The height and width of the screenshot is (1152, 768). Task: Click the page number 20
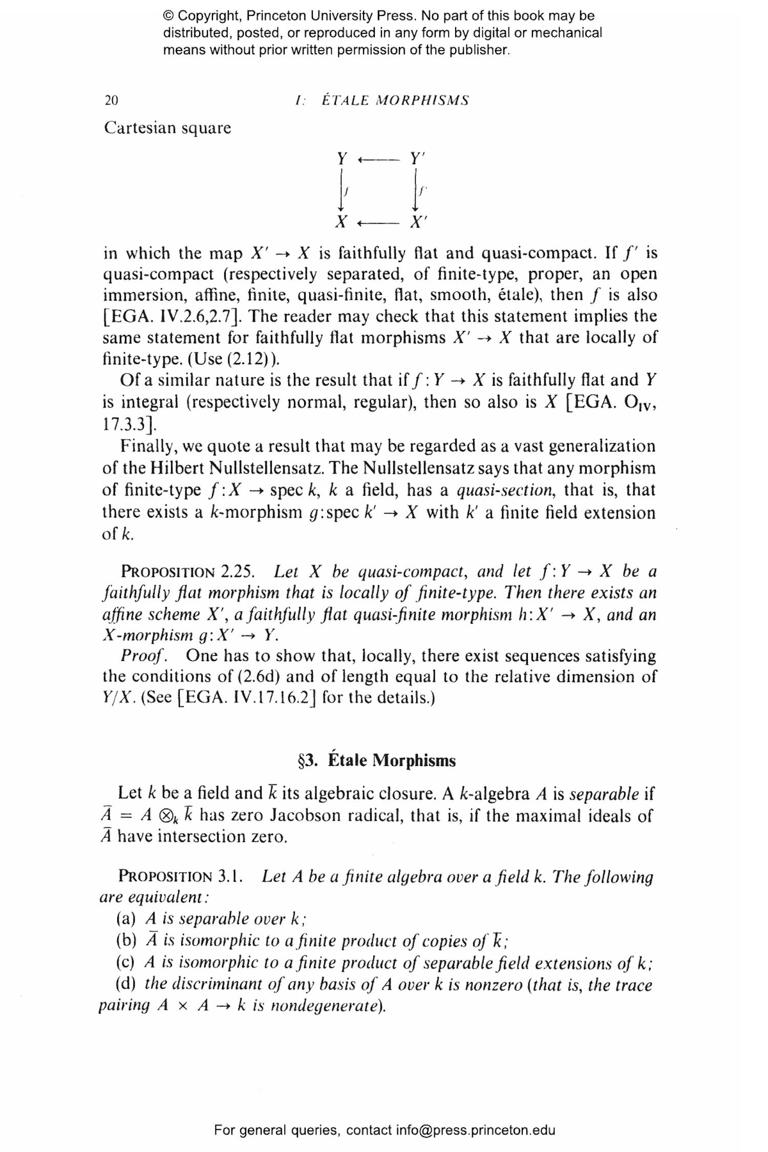coord(111,100)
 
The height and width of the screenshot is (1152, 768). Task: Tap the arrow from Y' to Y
coord(378,160)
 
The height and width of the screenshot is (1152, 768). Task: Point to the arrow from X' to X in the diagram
coord(378,224)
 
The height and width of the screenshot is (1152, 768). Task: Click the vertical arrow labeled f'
coord(416,190)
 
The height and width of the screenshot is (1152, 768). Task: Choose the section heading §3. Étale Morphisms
coord(376,760)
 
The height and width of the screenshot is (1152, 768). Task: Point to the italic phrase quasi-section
coord(505,490)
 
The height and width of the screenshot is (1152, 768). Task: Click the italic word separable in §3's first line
coord(604,794)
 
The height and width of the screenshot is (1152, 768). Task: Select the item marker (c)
coord(126,963)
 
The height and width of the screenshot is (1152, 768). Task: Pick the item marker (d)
coord(126,984)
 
